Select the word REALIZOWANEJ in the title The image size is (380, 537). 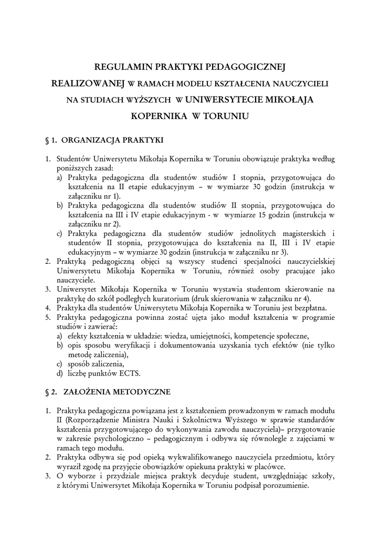88,83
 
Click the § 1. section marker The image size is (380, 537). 52,140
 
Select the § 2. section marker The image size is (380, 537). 52,391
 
